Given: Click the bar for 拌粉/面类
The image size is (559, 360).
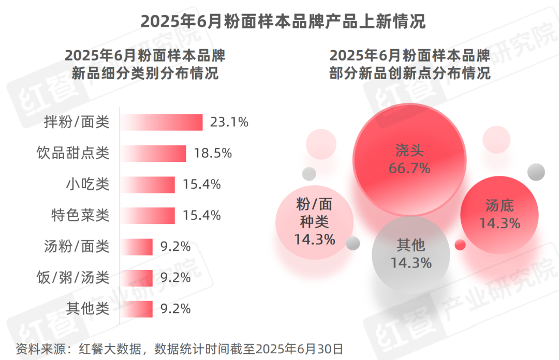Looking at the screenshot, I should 161,123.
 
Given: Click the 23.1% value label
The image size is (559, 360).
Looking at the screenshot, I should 229,123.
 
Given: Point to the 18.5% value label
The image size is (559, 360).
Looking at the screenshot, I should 213,154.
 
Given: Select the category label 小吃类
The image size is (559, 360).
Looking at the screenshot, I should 87,184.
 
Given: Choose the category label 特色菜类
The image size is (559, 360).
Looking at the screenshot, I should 80,215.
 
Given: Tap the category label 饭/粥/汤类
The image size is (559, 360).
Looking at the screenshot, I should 73,278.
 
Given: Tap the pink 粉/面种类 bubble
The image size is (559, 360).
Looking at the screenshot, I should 315,222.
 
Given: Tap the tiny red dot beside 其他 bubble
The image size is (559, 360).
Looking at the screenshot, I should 460,245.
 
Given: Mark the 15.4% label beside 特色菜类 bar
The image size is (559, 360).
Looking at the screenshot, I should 201,215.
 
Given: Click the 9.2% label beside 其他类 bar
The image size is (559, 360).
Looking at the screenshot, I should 175,309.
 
